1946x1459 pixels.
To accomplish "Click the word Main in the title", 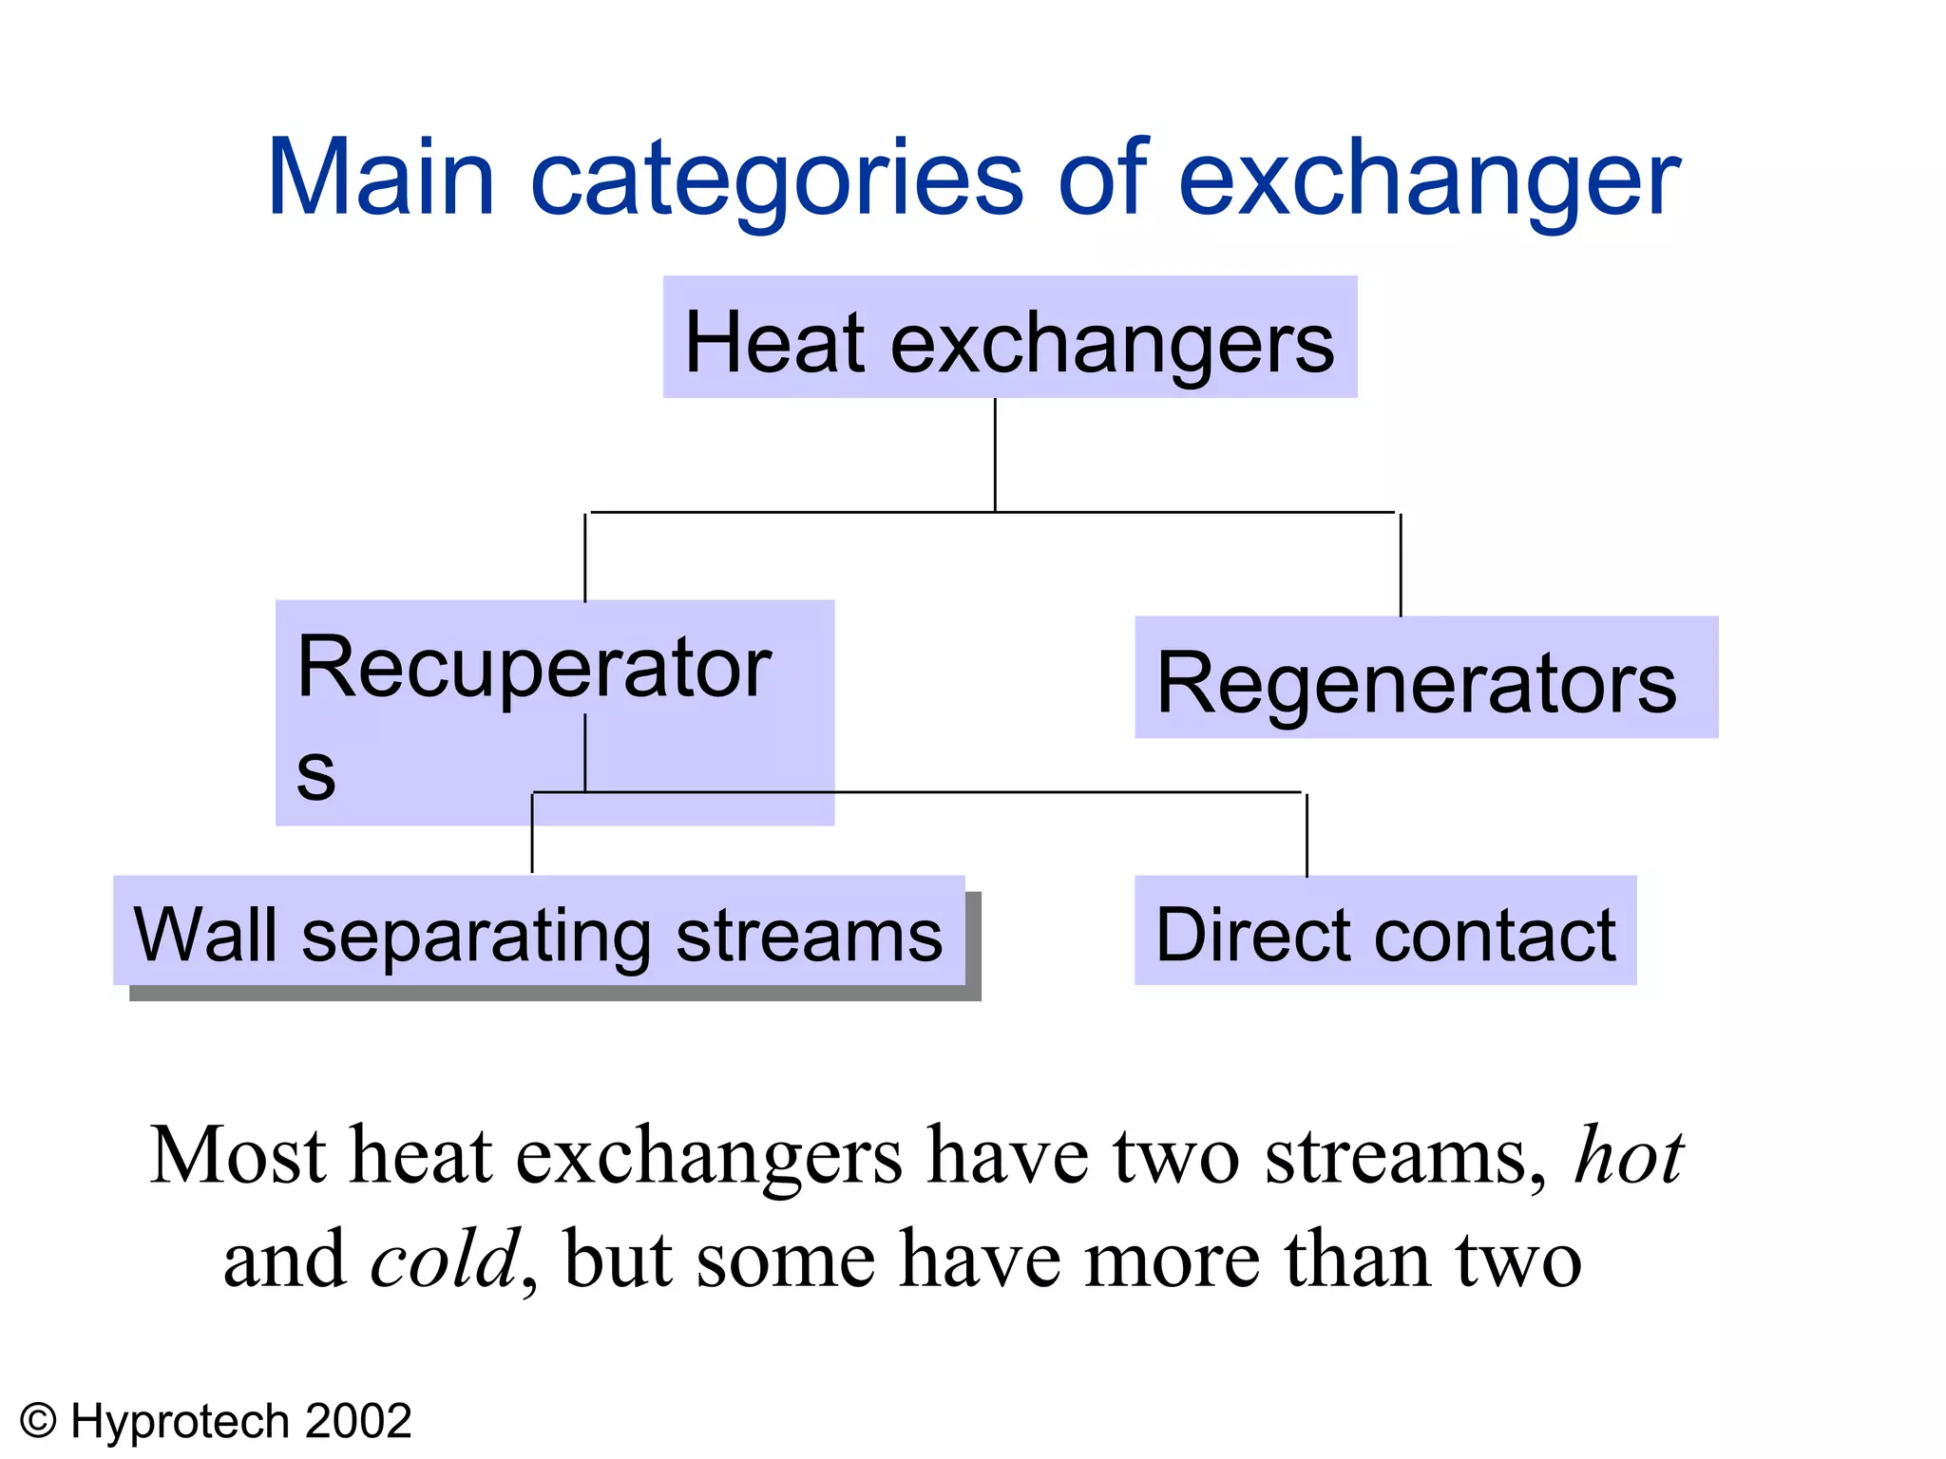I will (x=380, y=179).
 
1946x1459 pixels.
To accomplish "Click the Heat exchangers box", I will (x=1009, y=338).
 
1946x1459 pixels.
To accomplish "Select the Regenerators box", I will (x=1425, y=678).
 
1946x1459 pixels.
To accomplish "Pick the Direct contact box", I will (x=1384, y=931).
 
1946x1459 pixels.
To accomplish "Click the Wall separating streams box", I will (x=539, y=931).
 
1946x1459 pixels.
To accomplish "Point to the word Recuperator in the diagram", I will (x=533, y=667).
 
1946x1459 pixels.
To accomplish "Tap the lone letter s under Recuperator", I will (x=315, y=771).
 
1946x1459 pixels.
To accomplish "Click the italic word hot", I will (x=1629, y=1155).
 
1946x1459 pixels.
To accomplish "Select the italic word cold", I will (x=445, y=1260).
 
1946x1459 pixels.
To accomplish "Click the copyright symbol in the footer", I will (x=39, y=1422).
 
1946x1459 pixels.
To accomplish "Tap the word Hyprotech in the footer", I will (x=180, y=1422).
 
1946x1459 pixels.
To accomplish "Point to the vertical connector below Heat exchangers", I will (x=995, y=454).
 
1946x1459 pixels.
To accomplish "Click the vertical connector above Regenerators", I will (x=1401, y=564).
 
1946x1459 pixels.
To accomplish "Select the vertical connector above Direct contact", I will (x=1307, y=834).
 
